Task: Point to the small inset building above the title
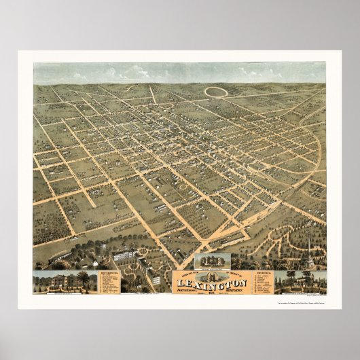coord(211,262)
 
